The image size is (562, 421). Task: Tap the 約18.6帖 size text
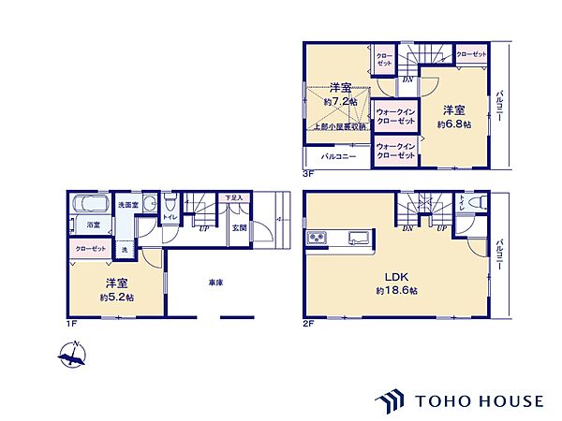[x=399, y=292]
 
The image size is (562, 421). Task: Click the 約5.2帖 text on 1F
[x=117, y=298]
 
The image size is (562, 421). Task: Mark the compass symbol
[x=71, y=355]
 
